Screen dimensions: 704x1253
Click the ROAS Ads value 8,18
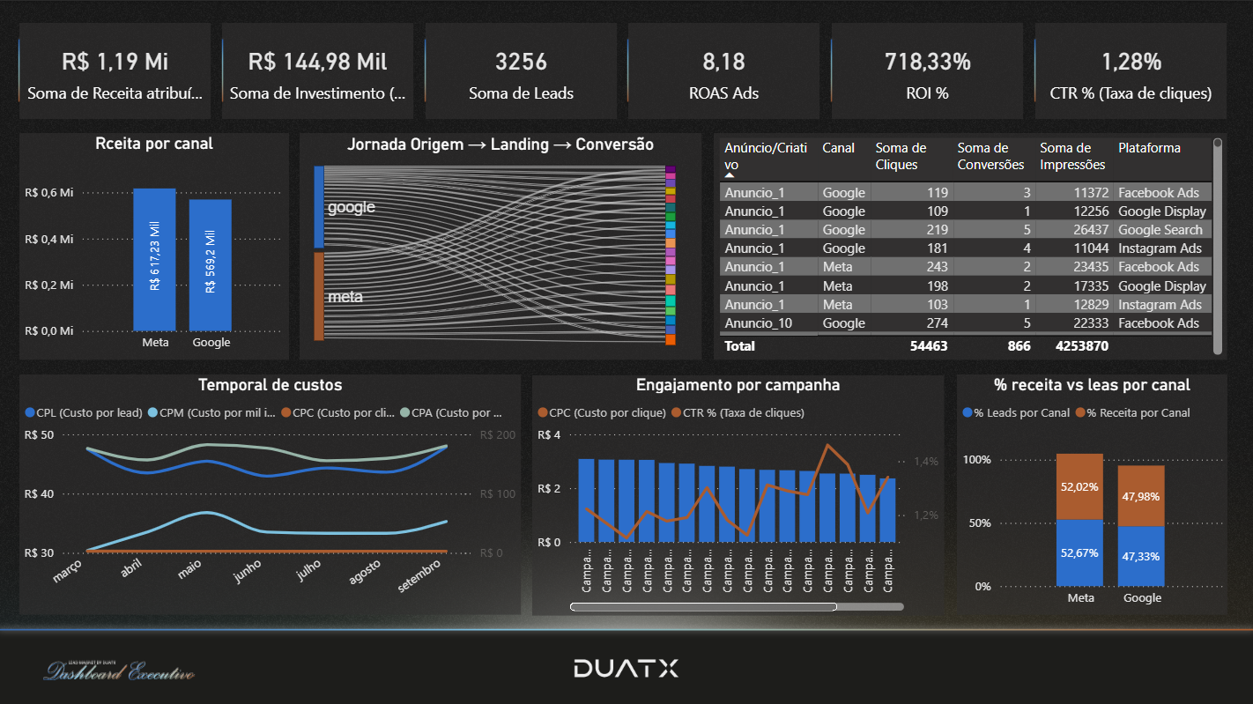[x=723, y=62]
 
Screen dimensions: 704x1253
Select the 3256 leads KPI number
[x=521, y=62]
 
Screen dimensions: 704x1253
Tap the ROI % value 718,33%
[x=927, y=62]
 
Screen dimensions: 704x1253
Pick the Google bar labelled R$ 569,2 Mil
[x=211, y=265]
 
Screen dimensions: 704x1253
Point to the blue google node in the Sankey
[x=319, y=207]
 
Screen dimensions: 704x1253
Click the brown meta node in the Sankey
[x=319, y=296]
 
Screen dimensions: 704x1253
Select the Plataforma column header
[x=1149, y=148]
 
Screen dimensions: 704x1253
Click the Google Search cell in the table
[x=1160, y=230]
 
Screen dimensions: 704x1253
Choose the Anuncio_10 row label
[x=758, y=323]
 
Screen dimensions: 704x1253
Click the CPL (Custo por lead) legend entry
[x=84, y=412]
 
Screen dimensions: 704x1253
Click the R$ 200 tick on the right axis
[x=497, y=435]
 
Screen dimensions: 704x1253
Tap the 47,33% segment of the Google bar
[x=1142, y=556]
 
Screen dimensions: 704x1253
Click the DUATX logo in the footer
[x=626, y=669]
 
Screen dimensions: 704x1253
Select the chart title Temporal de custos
[x=270, y=385]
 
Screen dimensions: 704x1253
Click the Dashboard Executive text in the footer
[x=120, y=673]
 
